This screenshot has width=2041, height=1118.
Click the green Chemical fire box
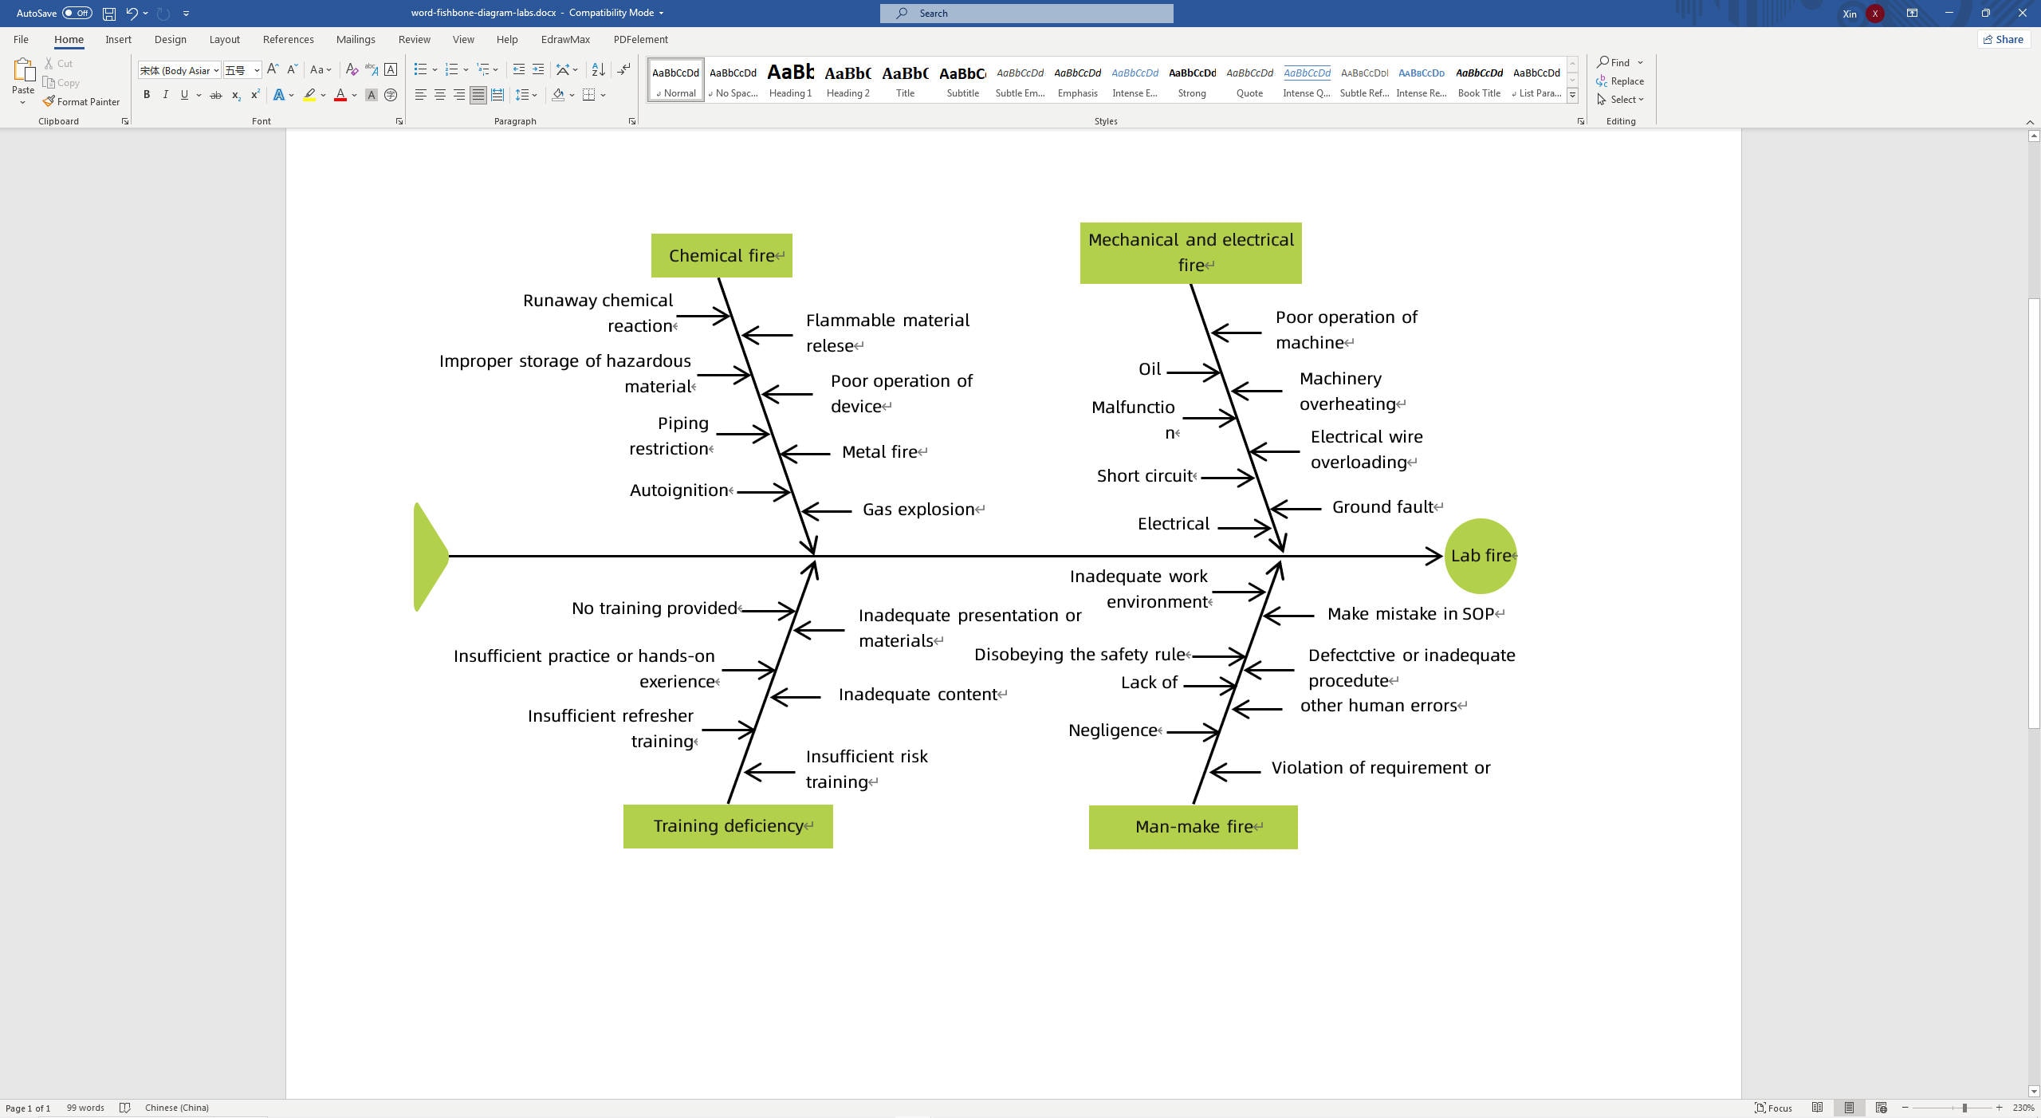(721, 256)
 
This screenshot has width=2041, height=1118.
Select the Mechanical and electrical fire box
(1190, 253)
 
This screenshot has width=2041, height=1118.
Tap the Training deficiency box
(727, 826)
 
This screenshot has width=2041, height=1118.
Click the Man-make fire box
(1193, 827)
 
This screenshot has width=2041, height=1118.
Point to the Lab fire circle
(1480, 556)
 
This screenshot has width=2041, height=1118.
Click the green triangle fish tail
(430, 557)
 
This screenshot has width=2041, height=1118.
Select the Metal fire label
(879, 452)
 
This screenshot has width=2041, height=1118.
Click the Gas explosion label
(918, 510)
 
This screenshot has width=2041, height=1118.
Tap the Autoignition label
(678, 490)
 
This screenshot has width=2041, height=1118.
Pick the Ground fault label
(1382, 507)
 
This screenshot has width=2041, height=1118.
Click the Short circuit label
(1144, 476)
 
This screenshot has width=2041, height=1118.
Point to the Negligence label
(1112, 730)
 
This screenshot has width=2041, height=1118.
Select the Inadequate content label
(918, 695)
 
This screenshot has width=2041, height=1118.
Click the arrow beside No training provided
(768, 611)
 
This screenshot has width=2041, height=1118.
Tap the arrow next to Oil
(1193, 372)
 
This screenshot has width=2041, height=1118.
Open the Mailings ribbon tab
(356, 39)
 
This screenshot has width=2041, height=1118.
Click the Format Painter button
(81, 102)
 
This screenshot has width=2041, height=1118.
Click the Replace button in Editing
(1620, 81)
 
